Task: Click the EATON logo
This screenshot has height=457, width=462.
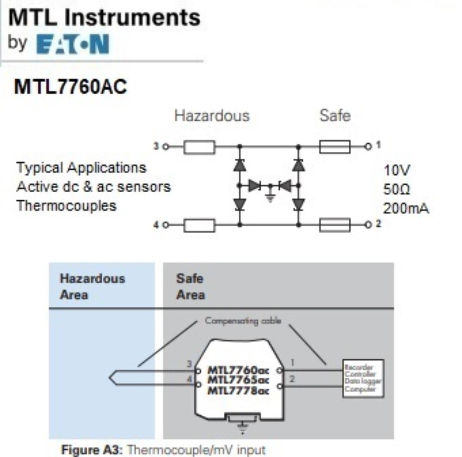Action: point(72,44)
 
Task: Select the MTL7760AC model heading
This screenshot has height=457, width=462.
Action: point(70,87)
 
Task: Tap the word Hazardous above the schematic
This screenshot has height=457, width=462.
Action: point(212,116)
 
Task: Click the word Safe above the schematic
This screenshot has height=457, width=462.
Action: point(335,116)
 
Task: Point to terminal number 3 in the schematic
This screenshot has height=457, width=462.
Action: point(156,146)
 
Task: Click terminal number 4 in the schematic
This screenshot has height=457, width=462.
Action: point(156,225)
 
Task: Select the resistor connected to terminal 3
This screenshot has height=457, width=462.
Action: point(199,147)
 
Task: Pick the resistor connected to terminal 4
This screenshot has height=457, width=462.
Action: point(199,225)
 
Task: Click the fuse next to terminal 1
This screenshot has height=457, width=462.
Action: point(335,146)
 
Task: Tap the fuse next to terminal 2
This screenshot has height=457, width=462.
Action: point(335,225)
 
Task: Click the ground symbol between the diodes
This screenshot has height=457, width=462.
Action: point(270,197)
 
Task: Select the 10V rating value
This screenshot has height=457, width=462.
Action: point(397,170)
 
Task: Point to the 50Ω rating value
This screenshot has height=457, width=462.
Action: point(397,189)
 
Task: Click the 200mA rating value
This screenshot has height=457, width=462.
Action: point(406,208)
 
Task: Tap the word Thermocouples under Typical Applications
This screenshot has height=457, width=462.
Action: point(66,206)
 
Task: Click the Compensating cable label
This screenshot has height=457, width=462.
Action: point(243,321)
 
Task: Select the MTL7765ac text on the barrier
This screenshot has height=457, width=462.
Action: point(238,380)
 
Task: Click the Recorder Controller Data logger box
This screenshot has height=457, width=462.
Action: point(363,378)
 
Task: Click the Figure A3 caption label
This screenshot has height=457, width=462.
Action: point(92,450)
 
